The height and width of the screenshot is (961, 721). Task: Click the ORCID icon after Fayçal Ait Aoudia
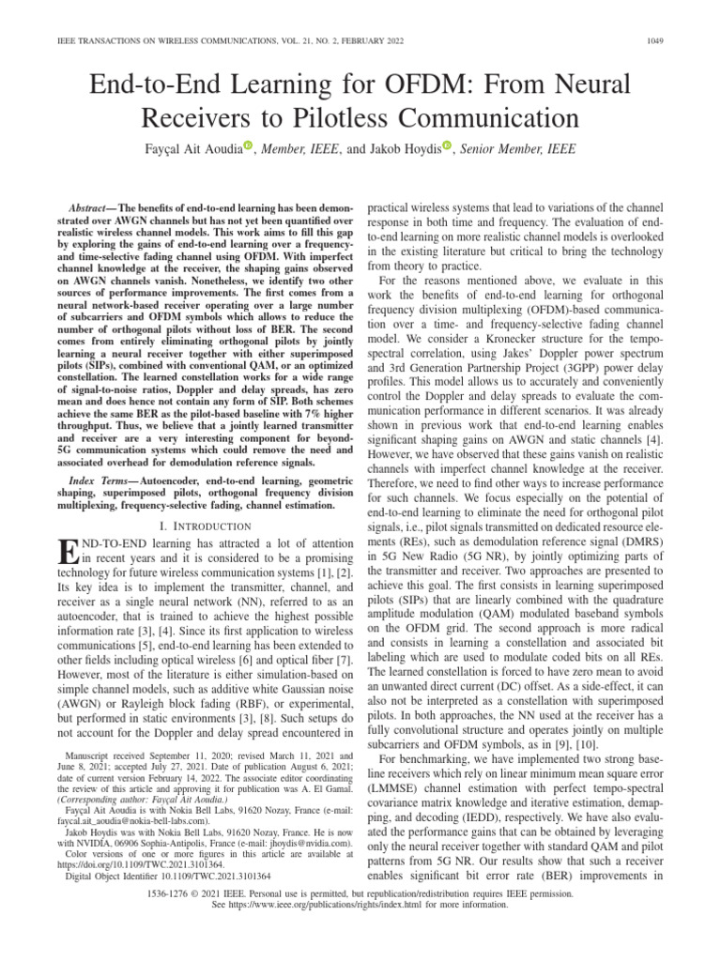click(x=248, y=145)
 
